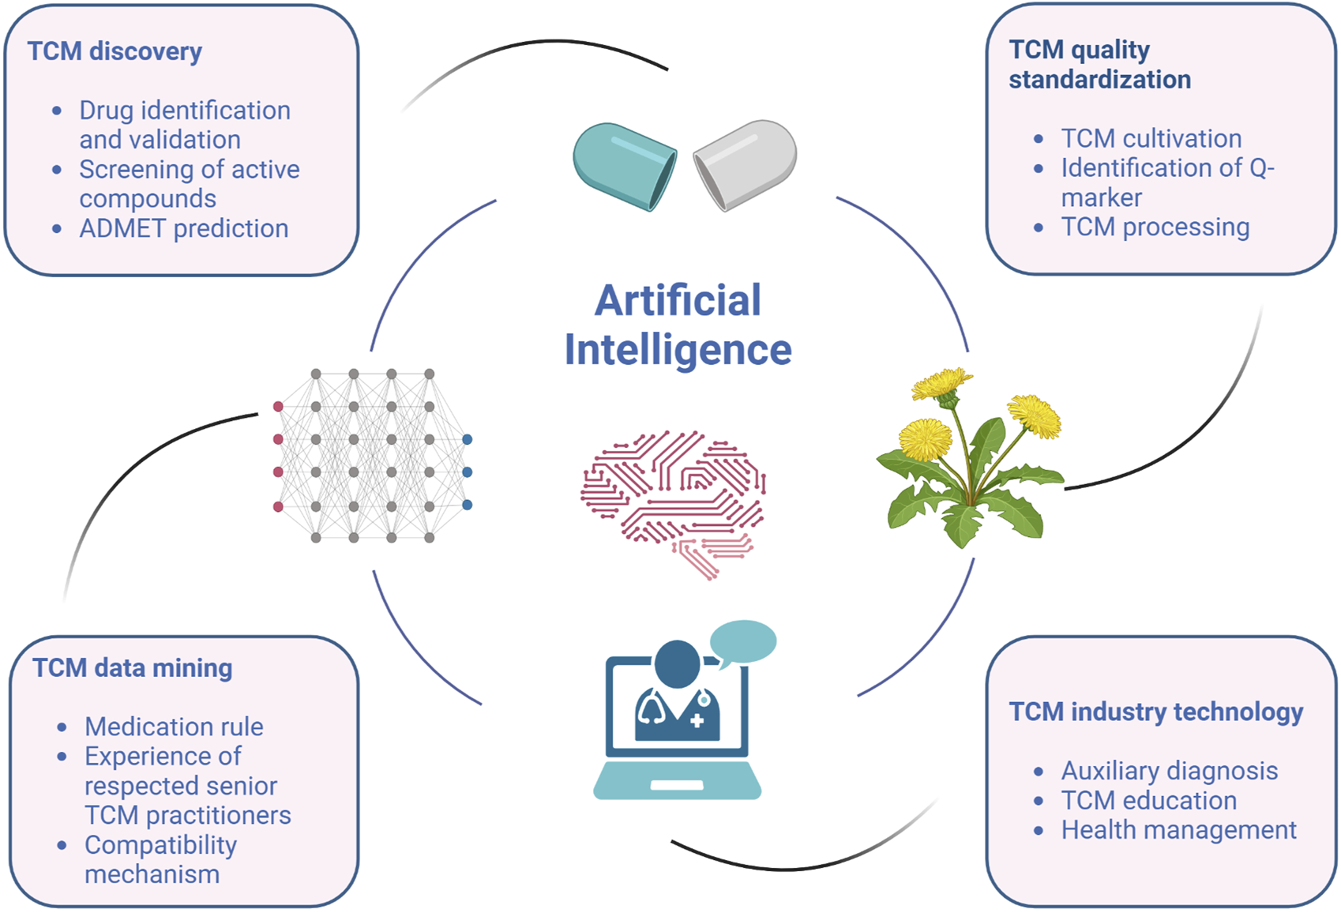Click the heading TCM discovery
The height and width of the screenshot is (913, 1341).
click(115, 51)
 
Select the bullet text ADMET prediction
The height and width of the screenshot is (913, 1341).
click(183, 228)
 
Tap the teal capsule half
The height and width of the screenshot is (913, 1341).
click(624, 167)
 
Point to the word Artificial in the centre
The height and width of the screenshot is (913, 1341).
click(678, 300)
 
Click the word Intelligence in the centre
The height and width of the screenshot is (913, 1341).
click(678, 350)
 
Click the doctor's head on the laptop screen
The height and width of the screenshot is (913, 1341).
click(677, 663)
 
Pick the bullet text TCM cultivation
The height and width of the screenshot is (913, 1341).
click(1151, 138)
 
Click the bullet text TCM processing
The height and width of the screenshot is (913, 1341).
click(1155, 227)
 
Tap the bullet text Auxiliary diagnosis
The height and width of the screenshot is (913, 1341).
click(1169, 770)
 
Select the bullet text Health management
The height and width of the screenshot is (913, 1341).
click(1178, 830)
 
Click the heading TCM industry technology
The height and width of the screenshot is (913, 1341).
click(1155, 712)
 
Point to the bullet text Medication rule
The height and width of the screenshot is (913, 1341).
click(174, 727)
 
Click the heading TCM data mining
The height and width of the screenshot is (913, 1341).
click(132, 668)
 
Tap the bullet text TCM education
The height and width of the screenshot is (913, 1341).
click(1148, 800)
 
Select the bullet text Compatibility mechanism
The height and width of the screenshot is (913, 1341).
click(160, 859)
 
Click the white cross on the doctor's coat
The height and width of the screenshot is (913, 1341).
click(697, 720)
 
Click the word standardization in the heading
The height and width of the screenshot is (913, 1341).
click(1099, 80)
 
